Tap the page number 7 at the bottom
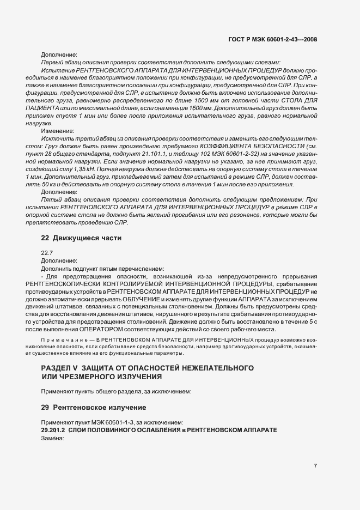pos(316,466)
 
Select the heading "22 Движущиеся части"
pos(81,238)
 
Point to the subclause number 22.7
pos(47,253)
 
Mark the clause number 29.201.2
pos(53,430)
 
